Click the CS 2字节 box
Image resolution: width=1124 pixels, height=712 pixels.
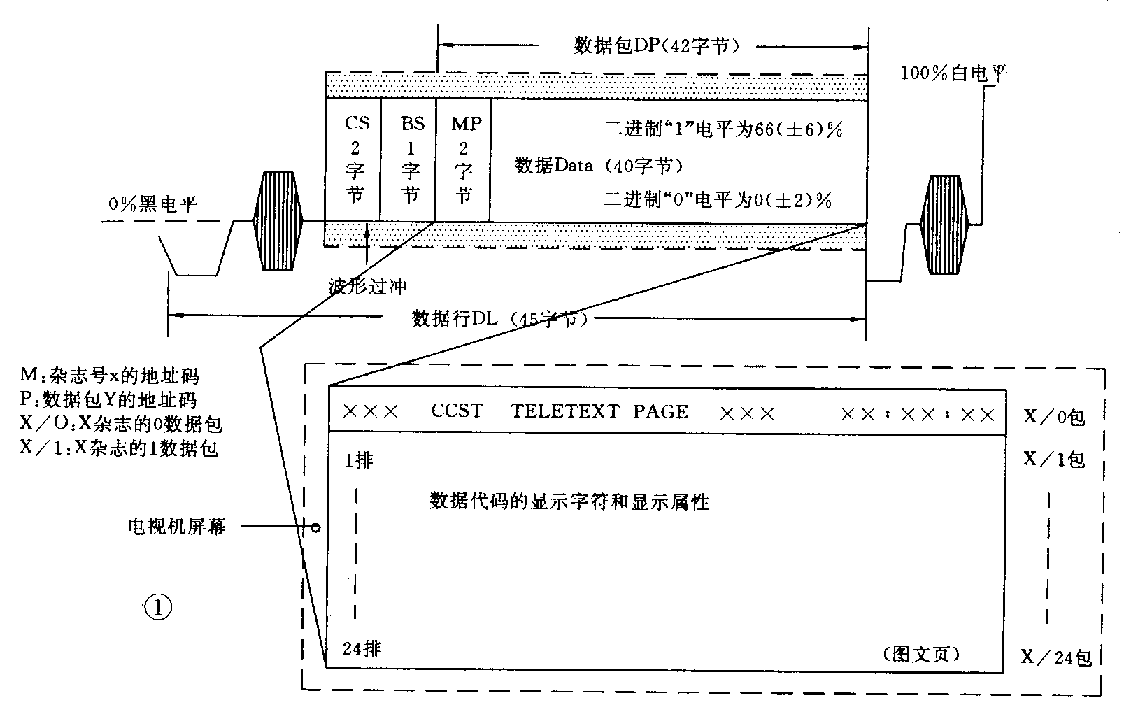(x=353, y=159)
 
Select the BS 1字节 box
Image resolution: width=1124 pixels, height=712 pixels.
(x=408, y=159)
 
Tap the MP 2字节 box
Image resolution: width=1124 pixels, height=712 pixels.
(x=463, y=159)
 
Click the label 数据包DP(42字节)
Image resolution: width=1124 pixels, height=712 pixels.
(x=656, y=46)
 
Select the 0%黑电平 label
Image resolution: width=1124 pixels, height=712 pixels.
(x=153, y=204)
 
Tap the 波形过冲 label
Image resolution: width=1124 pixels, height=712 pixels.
(x=368, y=286)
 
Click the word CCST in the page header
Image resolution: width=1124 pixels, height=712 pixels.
(x=457, y=411)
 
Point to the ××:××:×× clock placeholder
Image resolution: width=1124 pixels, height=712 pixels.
(x=917, y=415)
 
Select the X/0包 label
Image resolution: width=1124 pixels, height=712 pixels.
(x=1053, y=418)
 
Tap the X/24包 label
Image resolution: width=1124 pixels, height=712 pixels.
(x=1056, y=657)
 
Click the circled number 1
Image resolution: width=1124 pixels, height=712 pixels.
(x=157, y=608)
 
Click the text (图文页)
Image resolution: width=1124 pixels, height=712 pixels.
(x=921, y=654)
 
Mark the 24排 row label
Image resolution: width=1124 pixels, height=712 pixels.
(x=362, y=649)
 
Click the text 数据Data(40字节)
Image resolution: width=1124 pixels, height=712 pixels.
(x=598, y=166)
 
